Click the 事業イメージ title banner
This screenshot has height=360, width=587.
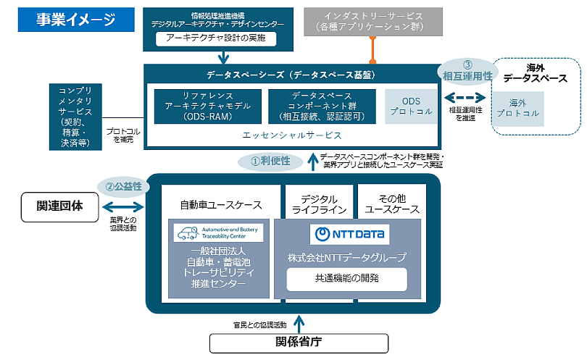coord(76,20)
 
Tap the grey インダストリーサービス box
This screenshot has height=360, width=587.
coord(374,22)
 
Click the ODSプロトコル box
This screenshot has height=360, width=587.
coord(411,106)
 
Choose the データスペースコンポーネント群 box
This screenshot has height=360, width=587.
coord(322,106)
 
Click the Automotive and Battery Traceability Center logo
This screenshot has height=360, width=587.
coord(218,233)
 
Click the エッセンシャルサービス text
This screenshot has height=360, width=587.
coord(292,135)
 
